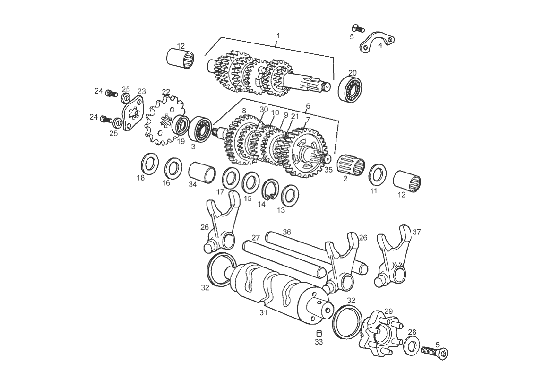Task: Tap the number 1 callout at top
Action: click(x=278, y=35)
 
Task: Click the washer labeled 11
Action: click(x=377, y=174)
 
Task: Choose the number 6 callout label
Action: click(x=308, y=106)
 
